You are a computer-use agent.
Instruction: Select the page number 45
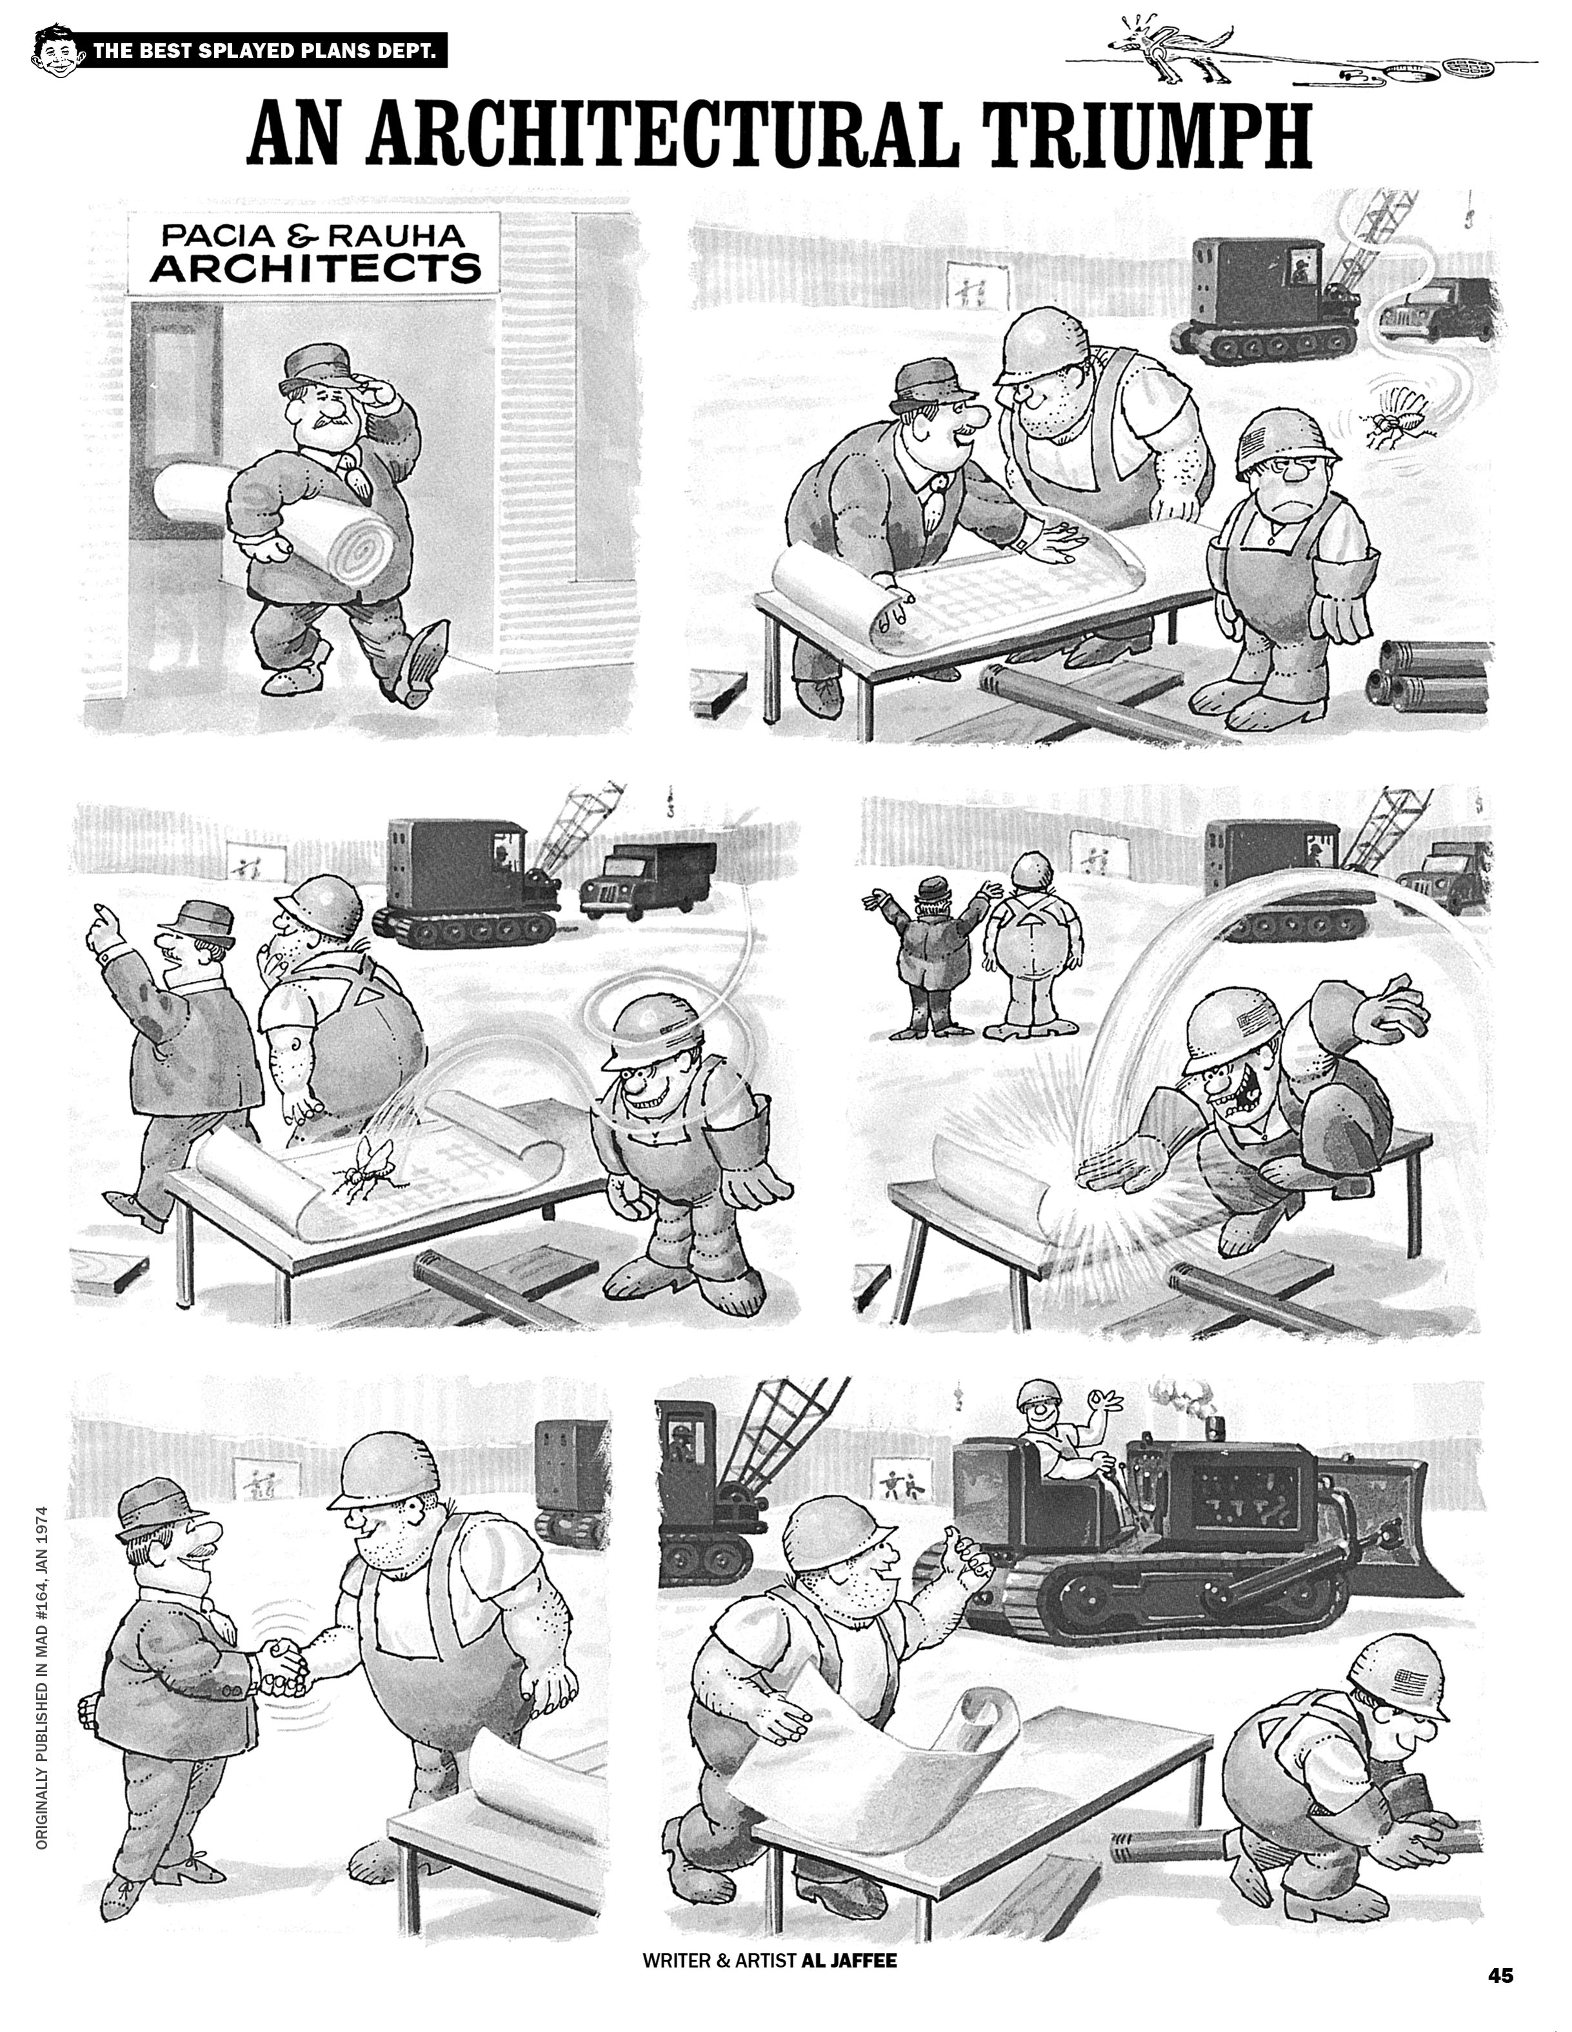tap(1500, 1975)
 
